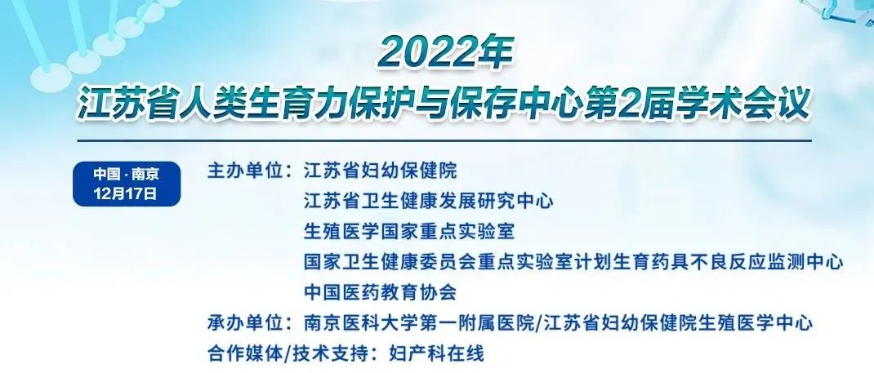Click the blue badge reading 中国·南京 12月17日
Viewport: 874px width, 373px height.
127,184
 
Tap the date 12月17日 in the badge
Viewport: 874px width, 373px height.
127,194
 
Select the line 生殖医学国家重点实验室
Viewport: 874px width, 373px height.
409,231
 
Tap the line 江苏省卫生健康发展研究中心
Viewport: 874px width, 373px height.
429,201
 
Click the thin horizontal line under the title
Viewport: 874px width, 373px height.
444,140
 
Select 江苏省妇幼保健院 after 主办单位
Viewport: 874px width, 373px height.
380,171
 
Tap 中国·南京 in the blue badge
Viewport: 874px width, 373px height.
127,174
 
